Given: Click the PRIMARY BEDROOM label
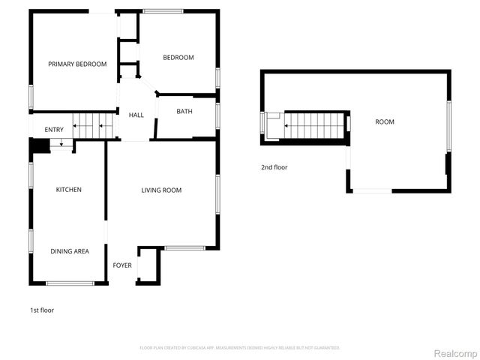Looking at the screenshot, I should tap(77, 64).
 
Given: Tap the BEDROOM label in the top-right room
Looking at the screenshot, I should tap(178, 58).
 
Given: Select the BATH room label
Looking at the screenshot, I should tap(184, 112).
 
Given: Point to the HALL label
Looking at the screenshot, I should tap(136, 115).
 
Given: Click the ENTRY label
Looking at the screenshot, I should tap(54, 130).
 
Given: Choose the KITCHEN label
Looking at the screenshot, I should tap(69, 190).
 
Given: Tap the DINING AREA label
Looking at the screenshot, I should tap(70, 251).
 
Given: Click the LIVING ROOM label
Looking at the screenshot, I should tap(162, 190).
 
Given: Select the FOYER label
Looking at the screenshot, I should tap(122, 265).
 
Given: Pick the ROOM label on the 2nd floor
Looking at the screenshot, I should tap(385, 121).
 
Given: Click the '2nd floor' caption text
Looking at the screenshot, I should tap(274, 167).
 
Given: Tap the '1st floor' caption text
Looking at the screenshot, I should tap(42, 310).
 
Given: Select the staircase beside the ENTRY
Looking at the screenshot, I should tap(95, 125).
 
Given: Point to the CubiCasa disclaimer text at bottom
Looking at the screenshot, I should tap(240, 347).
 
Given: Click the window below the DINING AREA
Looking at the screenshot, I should tap(70, 283).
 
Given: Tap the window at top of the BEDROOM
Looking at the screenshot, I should tap(163, 10).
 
